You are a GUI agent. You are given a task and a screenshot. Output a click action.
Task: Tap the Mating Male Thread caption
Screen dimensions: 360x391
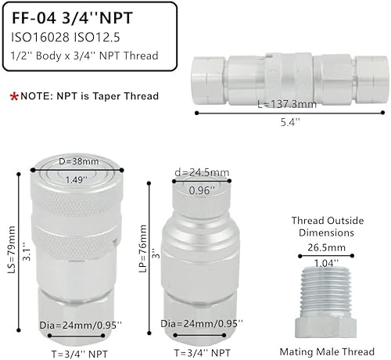point(322,352)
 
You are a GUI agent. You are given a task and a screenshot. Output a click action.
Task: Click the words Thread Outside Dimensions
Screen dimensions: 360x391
point(322,227)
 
